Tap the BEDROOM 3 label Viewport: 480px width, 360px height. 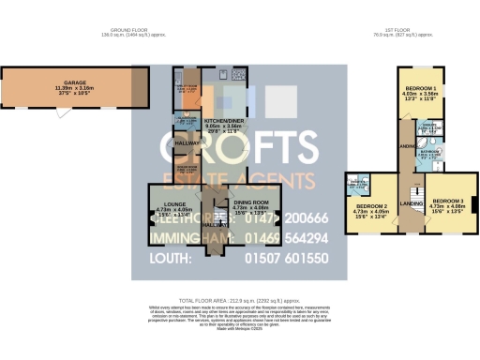coord(449,202)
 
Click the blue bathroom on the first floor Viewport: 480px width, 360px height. coord(430,156)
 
